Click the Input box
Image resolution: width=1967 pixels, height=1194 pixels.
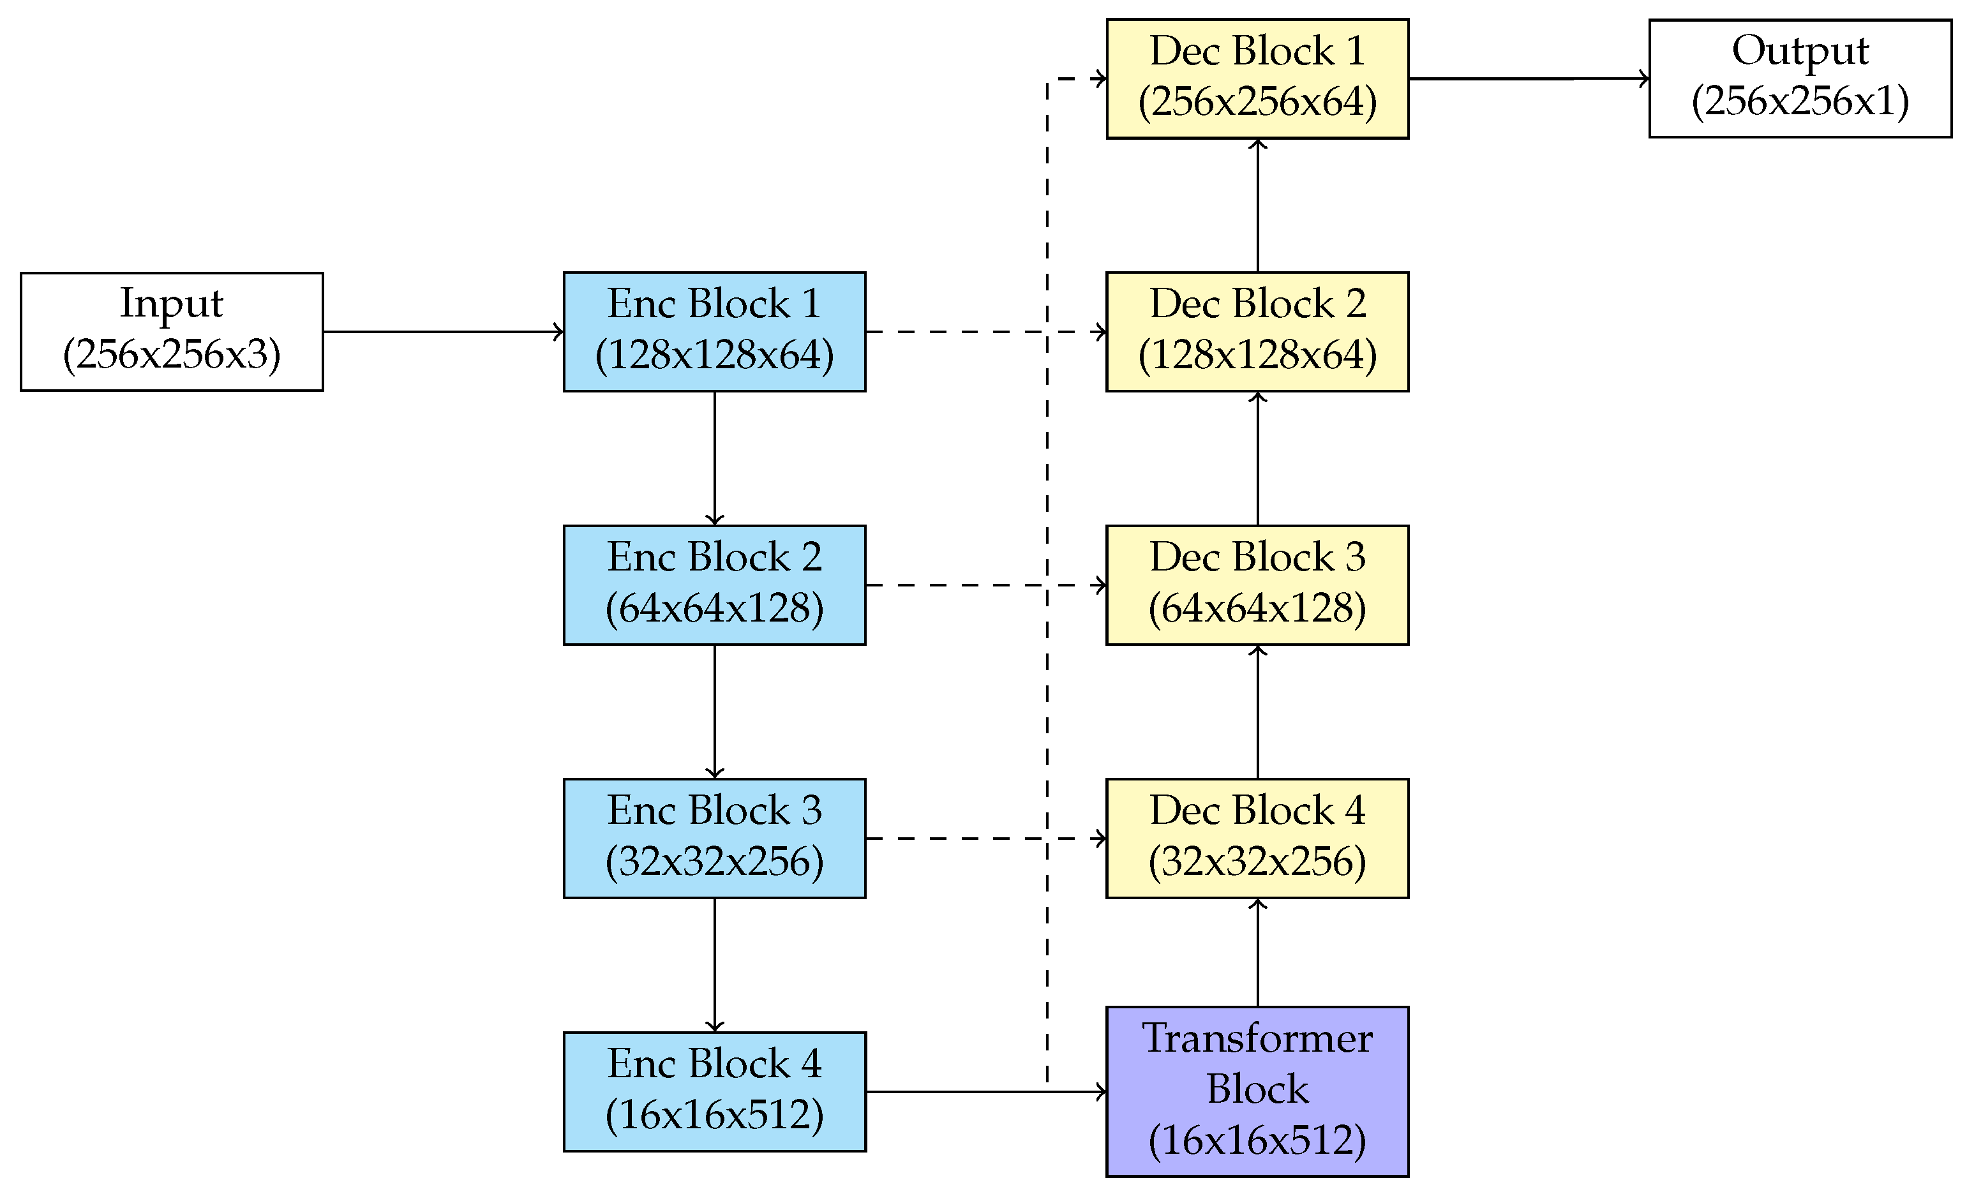(172, 331)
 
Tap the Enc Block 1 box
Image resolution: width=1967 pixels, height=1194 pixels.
(714, 331)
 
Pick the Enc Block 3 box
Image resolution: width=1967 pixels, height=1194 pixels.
(714, 838)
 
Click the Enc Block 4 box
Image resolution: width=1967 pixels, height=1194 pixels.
(714, 1091)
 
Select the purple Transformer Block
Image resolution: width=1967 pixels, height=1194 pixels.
(1257, 1091)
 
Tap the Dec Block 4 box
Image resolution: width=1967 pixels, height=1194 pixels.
(1257, 838)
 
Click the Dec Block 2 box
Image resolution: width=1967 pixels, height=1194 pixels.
(1257, 331)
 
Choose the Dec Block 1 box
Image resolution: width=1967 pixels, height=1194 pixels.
(1257, 78)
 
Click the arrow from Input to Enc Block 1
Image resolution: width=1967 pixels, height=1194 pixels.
(443, 331)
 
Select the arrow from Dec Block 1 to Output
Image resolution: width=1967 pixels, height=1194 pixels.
(1529, 78)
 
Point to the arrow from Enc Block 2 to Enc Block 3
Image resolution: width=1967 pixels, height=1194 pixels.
(714, 711)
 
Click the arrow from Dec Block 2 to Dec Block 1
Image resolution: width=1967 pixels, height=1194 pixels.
(1257, 205)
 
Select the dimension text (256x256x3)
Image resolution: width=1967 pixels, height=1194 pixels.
(172, 354)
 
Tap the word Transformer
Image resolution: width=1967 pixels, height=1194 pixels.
(1257, 1038)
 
